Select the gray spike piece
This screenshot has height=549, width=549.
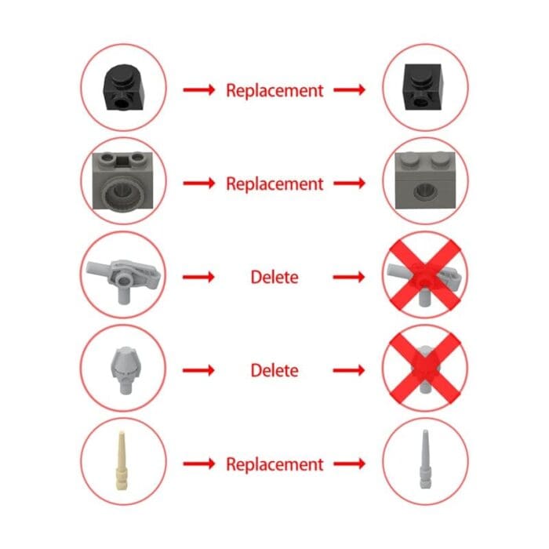coord(425,459)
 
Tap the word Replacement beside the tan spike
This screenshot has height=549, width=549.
coord(274,464)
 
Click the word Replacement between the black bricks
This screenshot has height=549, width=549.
coord(274,91)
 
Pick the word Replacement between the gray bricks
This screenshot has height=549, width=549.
coord(274,184)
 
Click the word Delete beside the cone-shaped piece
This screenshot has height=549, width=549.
coord(274,370)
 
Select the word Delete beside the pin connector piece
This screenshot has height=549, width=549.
coord(274,278)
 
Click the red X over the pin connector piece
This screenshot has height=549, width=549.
coord(425,274)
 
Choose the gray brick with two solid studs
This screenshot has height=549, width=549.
coord(425,180)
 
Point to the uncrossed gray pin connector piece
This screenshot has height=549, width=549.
coord(123,279)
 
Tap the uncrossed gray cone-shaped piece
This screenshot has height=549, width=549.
coord(123,369)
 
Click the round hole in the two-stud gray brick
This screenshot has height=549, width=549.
coord(425,191)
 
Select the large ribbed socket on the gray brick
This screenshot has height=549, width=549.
coord(122,193)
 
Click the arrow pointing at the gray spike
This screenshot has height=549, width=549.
coord(350,464)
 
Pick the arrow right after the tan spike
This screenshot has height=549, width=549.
coord(199,464)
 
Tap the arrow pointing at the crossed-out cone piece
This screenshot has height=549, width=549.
coord(349,370)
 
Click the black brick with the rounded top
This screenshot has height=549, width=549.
coord(123,88)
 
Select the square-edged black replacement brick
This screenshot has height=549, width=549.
coord(422,87)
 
